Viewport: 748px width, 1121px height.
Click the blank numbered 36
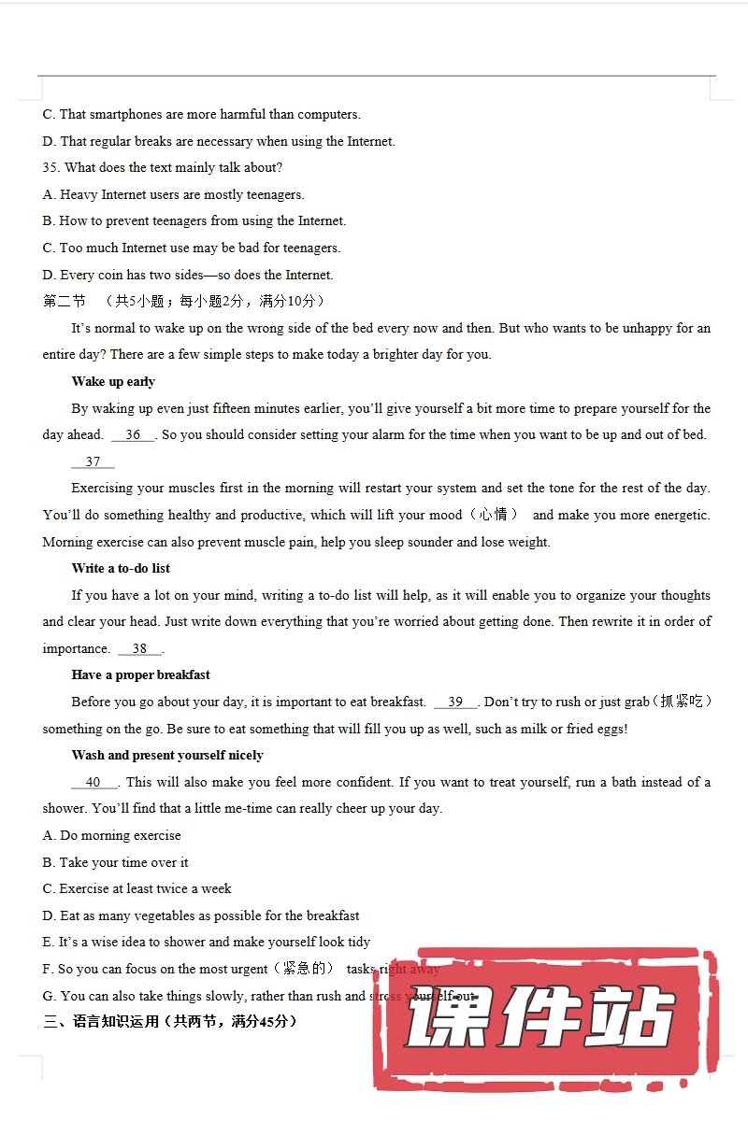[133, 435]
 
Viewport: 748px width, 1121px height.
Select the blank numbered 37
[93, 462]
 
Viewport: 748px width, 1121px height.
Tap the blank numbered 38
[139, 649]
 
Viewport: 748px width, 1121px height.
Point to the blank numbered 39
[455, 702]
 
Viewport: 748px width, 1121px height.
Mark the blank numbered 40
[93, 783]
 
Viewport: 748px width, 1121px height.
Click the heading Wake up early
[113, 382]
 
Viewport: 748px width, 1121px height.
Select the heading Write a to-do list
[121, 569]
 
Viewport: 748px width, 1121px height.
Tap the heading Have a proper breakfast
[140, 675]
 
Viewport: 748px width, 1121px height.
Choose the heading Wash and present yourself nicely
[167, 756]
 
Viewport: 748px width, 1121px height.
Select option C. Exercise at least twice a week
[137, 889]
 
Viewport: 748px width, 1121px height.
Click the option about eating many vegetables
[201, 916]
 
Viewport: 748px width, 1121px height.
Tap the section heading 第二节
[65, 302]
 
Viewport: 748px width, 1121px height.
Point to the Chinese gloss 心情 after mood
[494, 515]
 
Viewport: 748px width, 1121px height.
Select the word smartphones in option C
[125, 115]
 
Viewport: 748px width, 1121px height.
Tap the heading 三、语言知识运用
[170, 1022]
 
